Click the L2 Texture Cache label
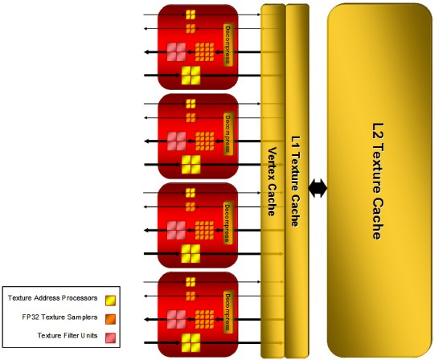378,182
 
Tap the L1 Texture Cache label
295,182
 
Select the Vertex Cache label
272,182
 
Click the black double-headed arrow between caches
317,188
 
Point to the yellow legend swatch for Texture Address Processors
110,301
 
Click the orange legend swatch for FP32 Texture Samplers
110,319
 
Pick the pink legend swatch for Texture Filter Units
110,337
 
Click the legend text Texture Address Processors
52,298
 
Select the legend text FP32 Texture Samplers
59,317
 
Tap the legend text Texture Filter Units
68,336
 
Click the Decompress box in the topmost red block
228,45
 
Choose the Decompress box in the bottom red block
228,312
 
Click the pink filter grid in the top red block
177,51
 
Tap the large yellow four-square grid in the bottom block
190,343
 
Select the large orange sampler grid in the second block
205,141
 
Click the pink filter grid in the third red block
177,230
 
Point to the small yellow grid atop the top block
190,14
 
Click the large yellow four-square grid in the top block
190,76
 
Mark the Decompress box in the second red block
228,134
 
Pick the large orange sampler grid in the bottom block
205,319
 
